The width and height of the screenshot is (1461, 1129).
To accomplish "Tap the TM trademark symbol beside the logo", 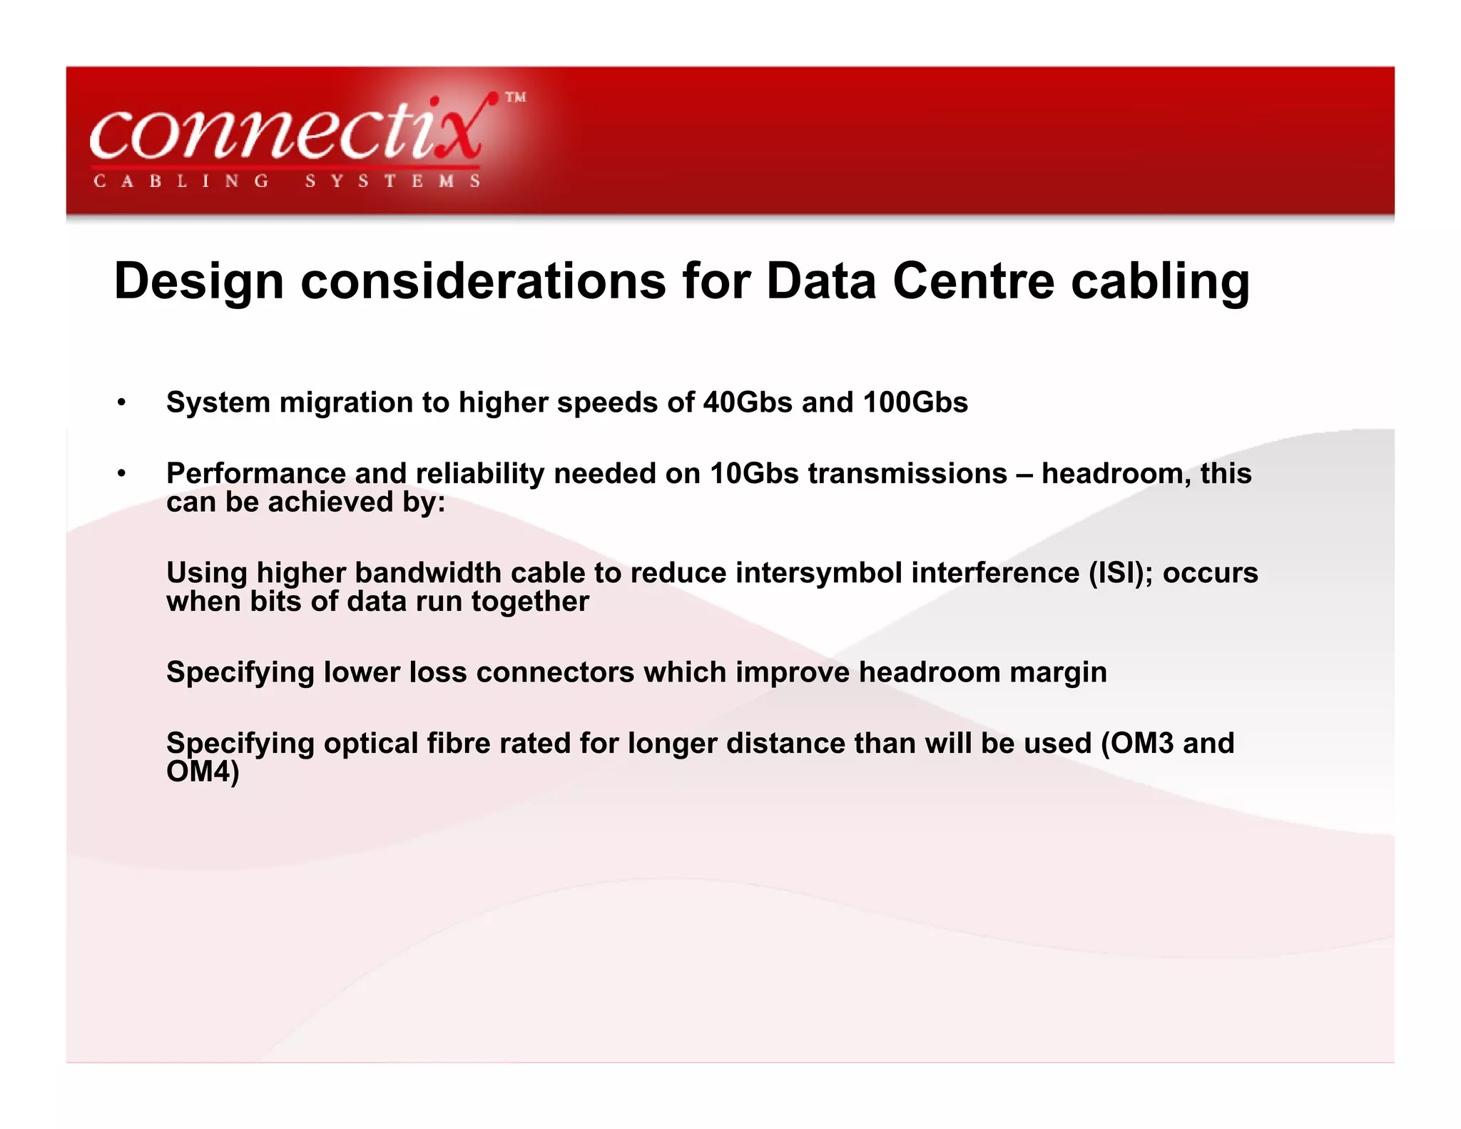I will coord(515,98).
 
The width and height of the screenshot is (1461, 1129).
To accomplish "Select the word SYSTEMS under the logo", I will coord(392,181).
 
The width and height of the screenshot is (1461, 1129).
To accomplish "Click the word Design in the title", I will coord(199,280).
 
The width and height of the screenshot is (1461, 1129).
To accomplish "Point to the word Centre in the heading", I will coord(973,280).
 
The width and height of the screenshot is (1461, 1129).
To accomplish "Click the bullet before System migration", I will coord(122,403).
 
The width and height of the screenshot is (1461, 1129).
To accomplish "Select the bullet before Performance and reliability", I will coord(122,474).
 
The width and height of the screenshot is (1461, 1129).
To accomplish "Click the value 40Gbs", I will coord(747,403).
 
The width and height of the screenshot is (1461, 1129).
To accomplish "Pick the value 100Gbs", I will coord(915,403).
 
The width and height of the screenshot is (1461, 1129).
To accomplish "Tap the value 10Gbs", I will coord(754,474).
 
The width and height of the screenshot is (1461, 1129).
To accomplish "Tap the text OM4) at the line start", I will coord(203,771).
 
